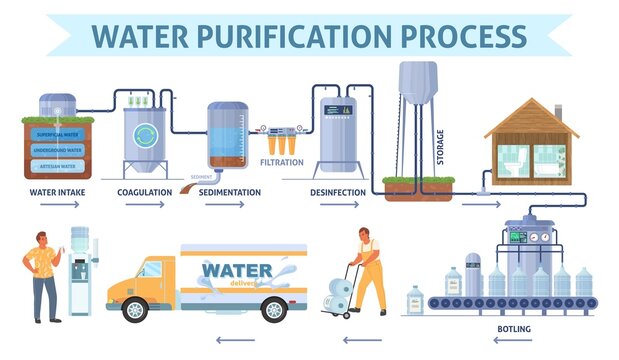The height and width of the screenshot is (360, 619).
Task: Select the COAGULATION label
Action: click(x=145, y=191)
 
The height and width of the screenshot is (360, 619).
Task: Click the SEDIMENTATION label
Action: click(x=230, y=191)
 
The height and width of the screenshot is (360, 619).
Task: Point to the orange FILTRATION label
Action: click(x=281, y=161)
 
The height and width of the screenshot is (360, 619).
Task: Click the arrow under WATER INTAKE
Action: click(x=56, y=205)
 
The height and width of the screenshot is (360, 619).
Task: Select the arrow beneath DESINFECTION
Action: click(x=340, y=205)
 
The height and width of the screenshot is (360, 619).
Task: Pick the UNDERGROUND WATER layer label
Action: click(x=57, y=148)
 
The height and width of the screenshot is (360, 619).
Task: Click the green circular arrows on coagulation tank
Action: click(x=145, y=134)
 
